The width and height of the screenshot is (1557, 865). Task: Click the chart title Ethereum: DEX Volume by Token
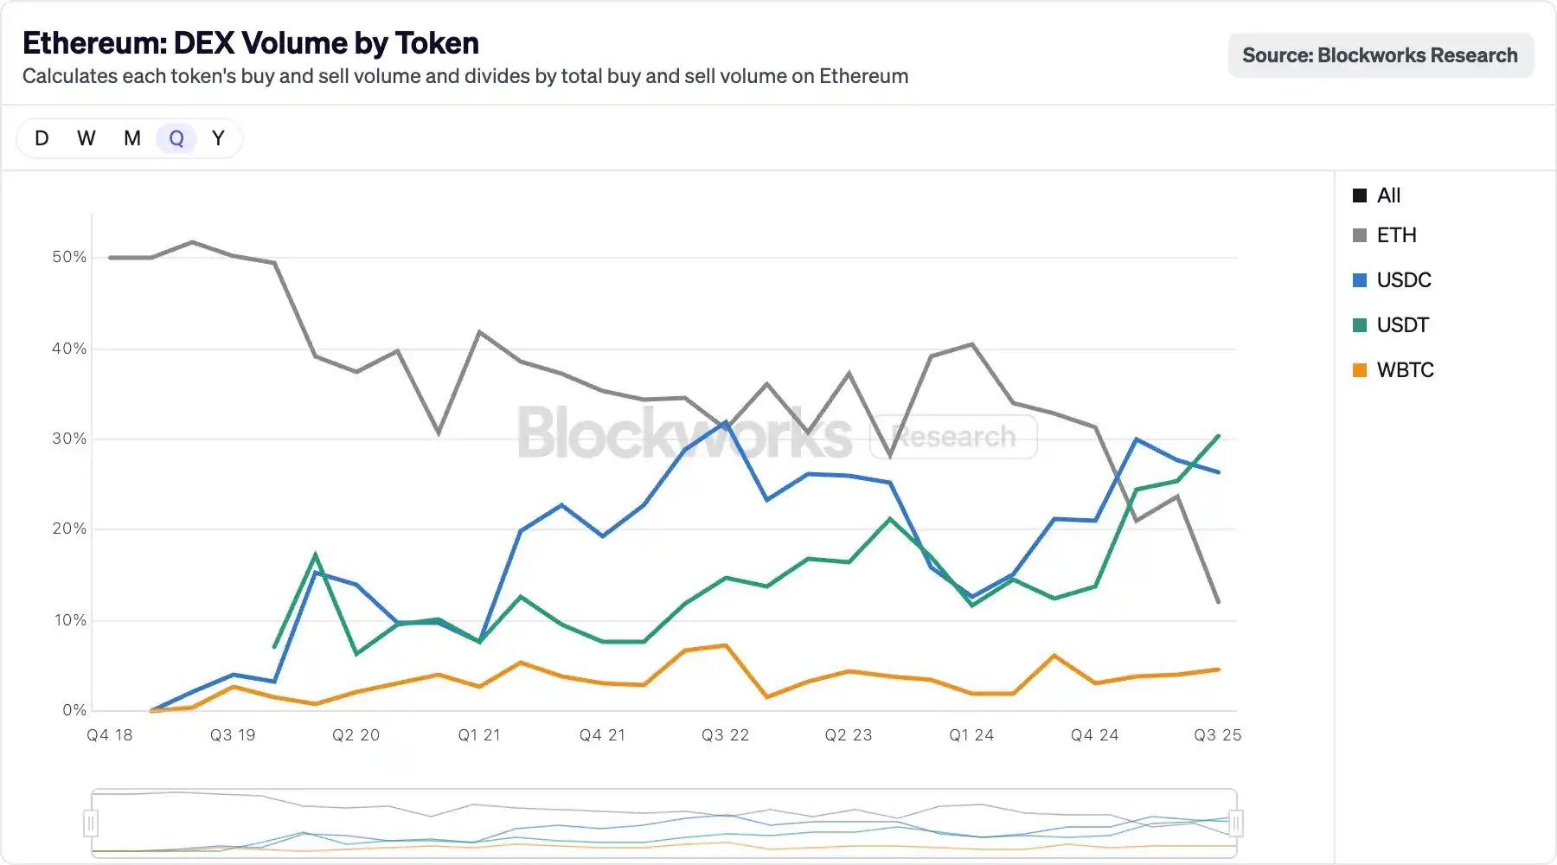[x=251, y=43]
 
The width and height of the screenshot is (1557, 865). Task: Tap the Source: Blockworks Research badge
[x=1381, y=55]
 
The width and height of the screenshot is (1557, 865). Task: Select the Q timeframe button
[x=176, y=138]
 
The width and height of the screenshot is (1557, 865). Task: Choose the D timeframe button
[x=42, y=138]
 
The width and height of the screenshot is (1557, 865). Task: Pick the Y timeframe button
[x=218, y=138]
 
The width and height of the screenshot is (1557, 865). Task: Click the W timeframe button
[x=86, y=138]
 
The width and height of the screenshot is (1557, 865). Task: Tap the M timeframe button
[x=132, y=138]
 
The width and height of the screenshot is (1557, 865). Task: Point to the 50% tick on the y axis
[x=69, y=257]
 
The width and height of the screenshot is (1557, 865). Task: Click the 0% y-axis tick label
[x=74, y=710]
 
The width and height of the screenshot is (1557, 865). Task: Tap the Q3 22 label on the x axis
[x=725, y=735]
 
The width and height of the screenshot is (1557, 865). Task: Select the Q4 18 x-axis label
[x=110, y=735]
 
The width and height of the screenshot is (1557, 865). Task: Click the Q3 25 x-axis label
[x=1217, y=735]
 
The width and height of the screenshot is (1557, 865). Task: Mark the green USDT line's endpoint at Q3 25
[x=1218, y=436]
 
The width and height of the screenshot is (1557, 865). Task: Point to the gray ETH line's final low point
[x=1218, y=601]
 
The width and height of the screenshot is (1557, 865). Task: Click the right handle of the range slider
[x=1236, y=823]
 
